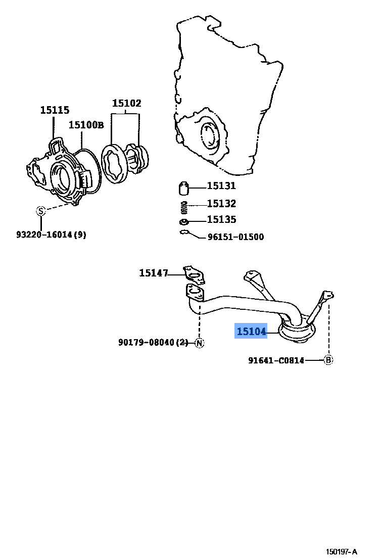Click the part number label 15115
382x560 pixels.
(55, 110)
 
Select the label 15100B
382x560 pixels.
(86, 124)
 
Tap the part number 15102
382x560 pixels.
(126, 103)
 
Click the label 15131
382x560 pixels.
(221, 186)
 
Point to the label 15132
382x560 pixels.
(221, 204)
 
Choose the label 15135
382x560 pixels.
(221, 220)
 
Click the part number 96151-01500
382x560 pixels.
(235, 237)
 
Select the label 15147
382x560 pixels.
(154, 273)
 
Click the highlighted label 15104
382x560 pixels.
(251, 332)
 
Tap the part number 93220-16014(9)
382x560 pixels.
(51, 235)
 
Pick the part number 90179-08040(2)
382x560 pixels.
(153, 343)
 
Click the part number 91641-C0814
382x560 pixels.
(276, 360)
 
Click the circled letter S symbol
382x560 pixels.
(41, 211)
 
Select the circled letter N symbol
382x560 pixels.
(199, 343)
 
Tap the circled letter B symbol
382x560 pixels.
(328, 360)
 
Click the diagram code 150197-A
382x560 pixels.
(341, 551)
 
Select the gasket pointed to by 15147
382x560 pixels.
(195, 273)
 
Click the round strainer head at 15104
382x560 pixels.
(297, 332)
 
